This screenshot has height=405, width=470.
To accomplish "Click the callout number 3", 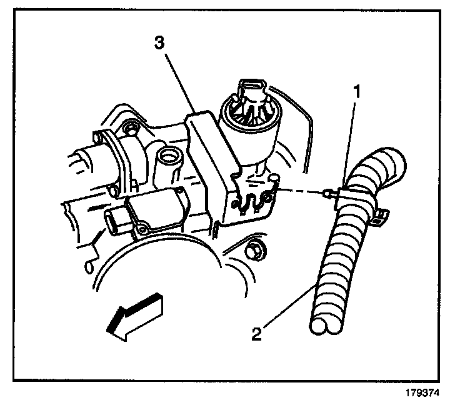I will pos(161,43).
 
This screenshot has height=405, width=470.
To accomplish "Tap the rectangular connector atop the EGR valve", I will pos(251,87).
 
